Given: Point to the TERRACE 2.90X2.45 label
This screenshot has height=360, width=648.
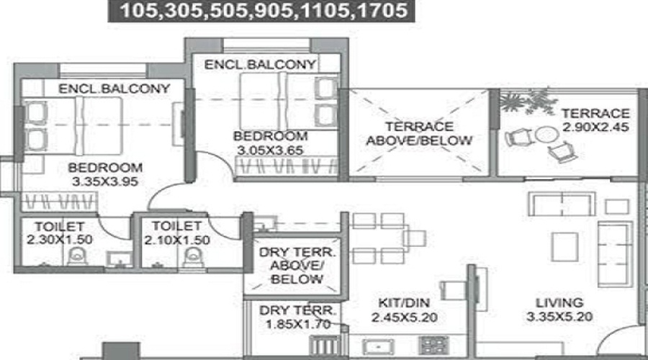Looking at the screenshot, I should [595, 120].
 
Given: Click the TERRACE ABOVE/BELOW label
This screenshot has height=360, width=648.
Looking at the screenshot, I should [419, 132].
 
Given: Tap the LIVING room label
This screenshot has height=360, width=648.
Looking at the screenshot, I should [559, 302].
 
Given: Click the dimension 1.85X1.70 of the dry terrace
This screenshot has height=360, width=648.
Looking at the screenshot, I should [297, 324].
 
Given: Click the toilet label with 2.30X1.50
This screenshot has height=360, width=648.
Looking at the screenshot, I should [53, 233].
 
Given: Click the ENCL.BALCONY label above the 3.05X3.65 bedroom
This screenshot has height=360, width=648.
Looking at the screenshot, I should [260, 65].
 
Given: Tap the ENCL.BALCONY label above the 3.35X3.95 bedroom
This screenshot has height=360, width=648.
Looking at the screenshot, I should [114, 89].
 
